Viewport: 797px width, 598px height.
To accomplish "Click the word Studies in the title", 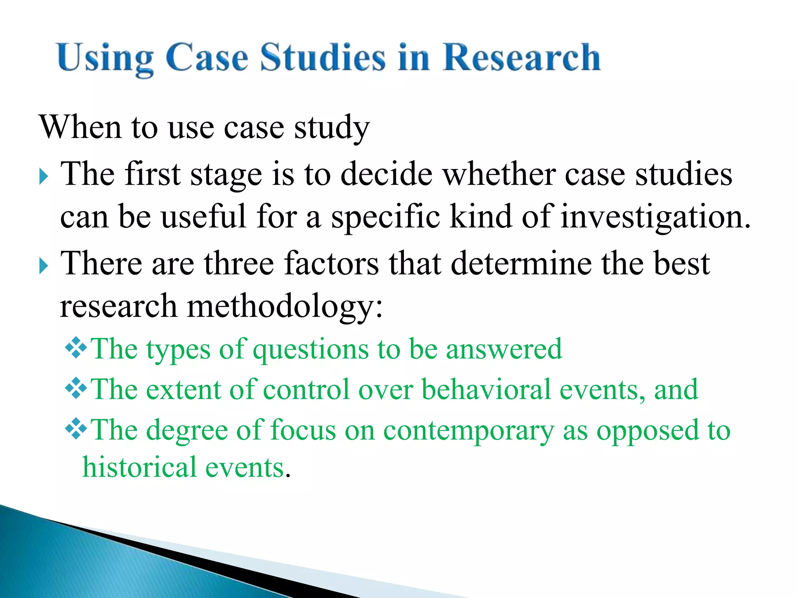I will [x=323, y=58].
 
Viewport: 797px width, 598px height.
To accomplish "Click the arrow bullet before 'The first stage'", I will [x=44, y=177].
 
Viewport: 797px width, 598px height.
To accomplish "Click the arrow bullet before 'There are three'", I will [x=44, y=267].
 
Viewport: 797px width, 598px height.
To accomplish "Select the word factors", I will [x=331, y=264].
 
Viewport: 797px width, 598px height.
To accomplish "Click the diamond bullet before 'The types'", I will [x=76, y=348].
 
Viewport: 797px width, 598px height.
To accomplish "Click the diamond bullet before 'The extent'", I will [x=76, y=388].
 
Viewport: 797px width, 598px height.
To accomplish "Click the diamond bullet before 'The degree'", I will [x=76, y=429].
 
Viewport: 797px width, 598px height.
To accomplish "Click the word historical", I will [x=140, y=467].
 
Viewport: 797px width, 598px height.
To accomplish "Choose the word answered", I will [x=504, y=349].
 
